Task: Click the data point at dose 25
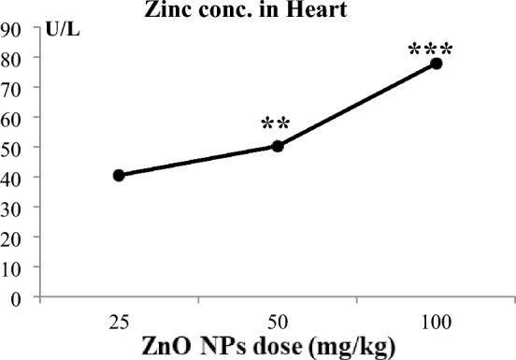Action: (119, 175)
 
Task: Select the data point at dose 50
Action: (278, 146)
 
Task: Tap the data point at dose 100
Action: (436, 64)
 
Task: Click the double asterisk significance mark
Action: (277, 123)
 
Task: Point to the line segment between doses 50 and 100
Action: (356, 105)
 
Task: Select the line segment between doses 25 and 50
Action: (198, 161)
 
